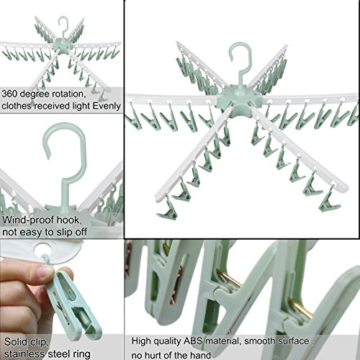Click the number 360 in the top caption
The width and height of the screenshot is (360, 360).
(x=12, y=94)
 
